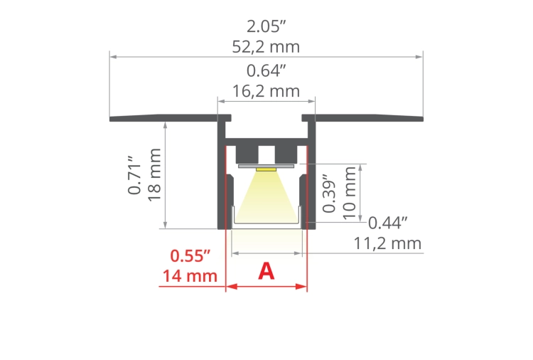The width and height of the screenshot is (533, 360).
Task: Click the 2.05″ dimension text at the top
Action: tap(266, 27)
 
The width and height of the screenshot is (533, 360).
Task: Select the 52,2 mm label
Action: tap(266, 47)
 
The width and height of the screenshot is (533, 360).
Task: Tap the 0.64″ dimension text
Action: tap(266, 71)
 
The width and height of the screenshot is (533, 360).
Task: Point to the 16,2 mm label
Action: tap(266, 91)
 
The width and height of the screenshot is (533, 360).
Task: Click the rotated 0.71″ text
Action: tap(134, 175)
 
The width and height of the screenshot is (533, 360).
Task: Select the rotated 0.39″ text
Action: tap(329, 193)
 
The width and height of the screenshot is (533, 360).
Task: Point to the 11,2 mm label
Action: tap(387, 244)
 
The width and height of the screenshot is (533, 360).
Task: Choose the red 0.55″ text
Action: tap(191, 255)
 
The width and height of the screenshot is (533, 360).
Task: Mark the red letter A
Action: tap(266, 271)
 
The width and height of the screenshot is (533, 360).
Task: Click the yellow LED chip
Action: tap(266, 170)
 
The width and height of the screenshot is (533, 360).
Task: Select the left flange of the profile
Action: tap(163, 117)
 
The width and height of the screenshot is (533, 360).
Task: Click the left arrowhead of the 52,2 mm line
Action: tap(113, 55)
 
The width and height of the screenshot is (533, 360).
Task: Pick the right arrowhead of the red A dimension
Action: tap(303, 287)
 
